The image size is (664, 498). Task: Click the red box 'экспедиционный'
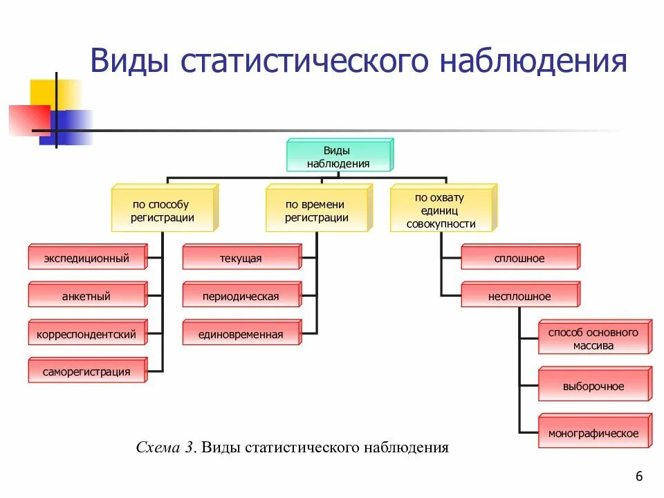86,259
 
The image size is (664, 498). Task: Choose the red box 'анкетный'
86,297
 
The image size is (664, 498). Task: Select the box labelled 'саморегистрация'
86,372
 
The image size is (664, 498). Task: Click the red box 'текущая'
241,259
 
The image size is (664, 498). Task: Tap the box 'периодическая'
241,297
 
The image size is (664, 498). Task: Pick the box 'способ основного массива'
593,339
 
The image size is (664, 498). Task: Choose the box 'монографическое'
593,434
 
